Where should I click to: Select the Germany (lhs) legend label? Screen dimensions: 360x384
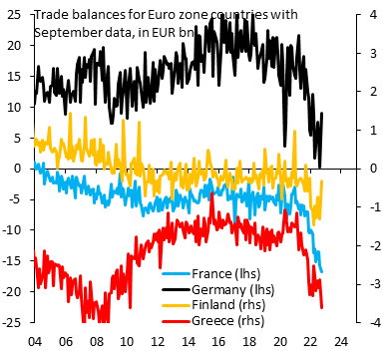coord(237,289)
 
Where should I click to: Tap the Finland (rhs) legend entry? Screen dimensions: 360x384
coord(232,305)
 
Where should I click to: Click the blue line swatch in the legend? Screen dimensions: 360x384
coord(176,273)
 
